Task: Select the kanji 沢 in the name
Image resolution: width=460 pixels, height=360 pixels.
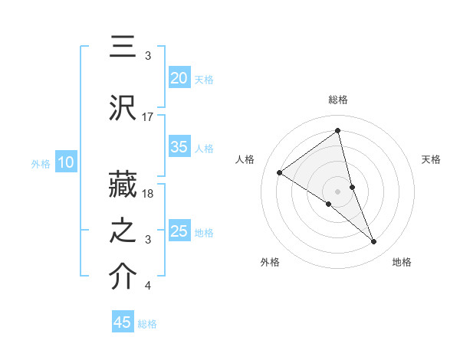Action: pyautogui.click(x=123, y=109)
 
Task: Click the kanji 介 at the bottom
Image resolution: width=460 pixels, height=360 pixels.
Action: pyautogui.click(x=123, y=277)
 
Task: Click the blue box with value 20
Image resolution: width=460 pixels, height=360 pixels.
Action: pyautogui.click(x=179, y=78)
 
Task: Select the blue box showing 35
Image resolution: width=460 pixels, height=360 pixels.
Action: pyautogui.click(x=179, y=148)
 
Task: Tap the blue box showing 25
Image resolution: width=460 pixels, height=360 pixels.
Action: pyautogui.click(x=179, y=231)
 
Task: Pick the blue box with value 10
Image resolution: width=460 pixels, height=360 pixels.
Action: pyautogui.click(x=65, y=162)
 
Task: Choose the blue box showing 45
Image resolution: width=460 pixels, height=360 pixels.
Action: pyautogui.click(x=123, y=322)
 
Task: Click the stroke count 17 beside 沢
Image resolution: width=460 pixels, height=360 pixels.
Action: pyautogui.click(x=148, y=117)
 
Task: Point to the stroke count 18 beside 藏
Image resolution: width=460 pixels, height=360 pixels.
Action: pyautogui.click(x=148, y=194)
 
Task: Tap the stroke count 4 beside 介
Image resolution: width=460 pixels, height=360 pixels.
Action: pyautogui.click(x=148, y=286)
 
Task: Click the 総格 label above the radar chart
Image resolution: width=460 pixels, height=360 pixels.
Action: pyautogui.click(x=338, y=100)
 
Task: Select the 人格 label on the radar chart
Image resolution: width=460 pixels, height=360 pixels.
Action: pyautogui.click(x=245, y=159)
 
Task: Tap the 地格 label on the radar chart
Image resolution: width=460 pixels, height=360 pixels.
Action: pyautogui.click(x=402, y=262)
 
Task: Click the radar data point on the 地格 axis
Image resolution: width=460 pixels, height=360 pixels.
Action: pyautogui.click(x=373, y=242)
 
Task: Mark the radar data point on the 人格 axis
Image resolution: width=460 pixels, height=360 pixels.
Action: pyautogui.click(x=279, y=172)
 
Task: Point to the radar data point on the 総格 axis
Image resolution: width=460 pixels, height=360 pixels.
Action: pyautogui.click(x=338, y=130)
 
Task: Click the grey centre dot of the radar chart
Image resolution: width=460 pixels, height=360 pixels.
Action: pyautogui.click(x=338, y=191)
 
